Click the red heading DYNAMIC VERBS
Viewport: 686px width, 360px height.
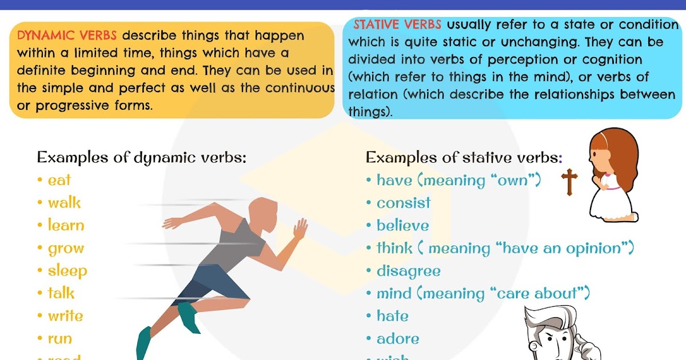pyautogui.click(x=67, y=35)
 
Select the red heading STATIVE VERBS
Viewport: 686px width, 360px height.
pyautogui.click(x=397, y=25)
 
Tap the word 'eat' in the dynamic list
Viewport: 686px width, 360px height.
pyautogui.click(x=59, y=181)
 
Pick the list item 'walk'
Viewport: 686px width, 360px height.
pyautogui.click(x=64, y=203)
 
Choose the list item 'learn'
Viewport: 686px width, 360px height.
pyautogui.click(x=66, y=226)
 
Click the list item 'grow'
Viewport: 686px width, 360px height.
pyautogui.click(x=66, y=249)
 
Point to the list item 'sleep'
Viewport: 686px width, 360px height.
pyautogui.click(x=67, y=271)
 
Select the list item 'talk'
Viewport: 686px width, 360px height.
pyautogui.click(x=61, y=294)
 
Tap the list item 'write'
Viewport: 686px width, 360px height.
pyautogui.click(x=65, y=316)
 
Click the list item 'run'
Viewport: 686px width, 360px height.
pyautogui.click(x=60, y=339)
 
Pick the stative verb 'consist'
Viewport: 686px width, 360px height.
pyautogui.click(x=404, y=203)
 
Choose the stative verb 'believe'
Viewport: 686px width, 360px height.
pyautogui.click(x=402, y=226)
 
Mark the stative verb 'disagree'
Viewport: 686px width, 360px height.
pyautogui.click(x=408, y=271)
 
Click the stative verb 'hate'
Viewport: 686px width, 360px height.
pyautogui.click(x=393, y=316)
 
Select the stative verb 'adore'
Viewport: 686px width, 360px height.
pyautogui.click(x=398, y=339)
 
